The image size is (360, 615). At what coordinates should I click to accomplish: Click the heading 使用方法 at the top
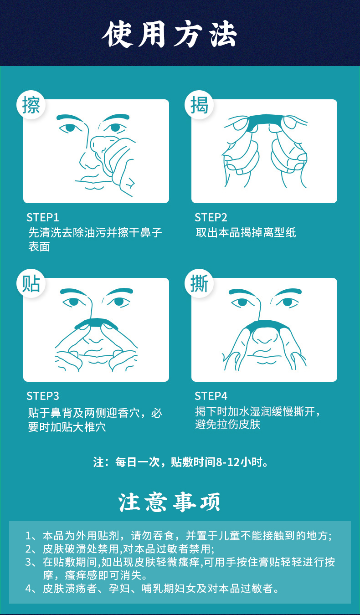[170, 35]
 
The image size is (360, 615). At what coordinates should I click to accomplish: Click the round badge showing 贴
[31, 284]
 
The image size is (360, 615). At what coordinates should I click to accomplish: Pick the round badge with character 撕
[199, 284]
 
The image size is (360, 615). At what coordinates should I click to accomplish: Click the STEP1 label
[43, 217]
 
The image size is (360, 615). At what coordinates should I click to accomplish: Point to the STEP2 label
[211, 217]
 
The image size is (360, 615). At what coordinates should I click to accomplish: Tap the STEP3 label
[43, 395]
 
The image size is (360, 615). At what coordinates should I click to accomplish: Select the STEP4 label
[211, 395]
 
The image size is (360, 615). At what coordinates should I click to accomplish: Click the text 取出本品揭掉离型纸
[246, 232]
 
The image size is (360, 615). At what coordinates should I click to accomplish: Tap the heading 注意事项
[170, 502]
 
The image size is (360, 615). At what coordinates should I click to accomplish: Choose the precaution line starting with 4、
[152, 589]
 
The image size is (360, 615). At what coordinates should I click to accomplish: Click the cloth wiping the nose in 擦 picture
[101, 144]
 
